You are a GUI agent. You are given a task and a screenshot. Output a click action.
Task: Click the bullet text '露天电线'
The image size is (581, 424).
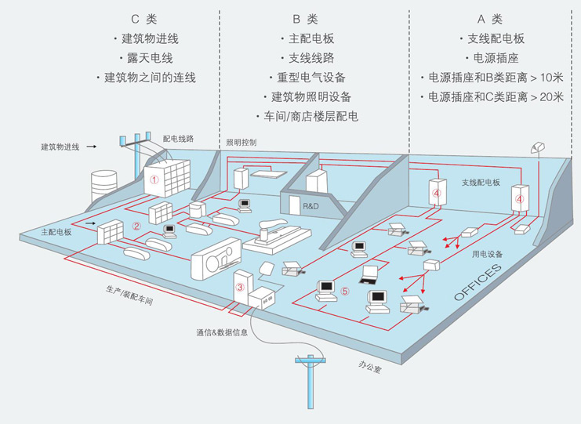pos(147,58)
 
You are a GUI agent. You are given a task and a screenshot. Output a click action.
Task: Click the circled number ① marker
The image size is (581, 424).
pos(154,179)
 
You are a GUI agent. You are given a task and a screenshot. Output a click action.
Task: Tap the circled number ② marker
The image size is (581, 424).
pos(136,226)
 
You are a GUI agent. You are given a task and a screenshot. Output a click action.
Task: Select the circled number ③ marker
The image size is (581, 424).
pos(240,288)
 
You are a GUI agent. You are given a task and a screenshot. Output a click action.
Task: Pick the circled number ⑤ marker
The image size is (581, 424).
pos(344,292)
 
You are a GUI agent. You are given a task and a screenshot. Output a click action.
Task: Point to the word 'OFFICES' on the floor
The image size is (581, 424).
pos(478,283)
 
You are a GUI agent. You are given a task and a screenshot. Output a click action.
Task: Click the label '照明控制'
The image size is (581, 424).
pos(241,143)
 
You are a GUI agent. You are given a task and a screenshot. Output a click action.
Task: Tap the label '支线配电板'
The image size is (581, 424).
pos(480,182)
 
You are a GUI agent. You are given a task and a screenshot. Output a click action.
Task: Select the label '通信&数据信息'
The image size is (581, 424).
pos(222,332)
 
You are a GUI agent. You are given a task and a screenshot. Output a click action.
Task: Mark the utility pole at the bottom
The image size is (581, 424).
pos(311,380)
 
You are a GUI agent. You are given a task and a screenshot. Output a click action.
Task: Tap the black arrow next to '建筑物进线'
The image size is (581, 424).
pos(92,147)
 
